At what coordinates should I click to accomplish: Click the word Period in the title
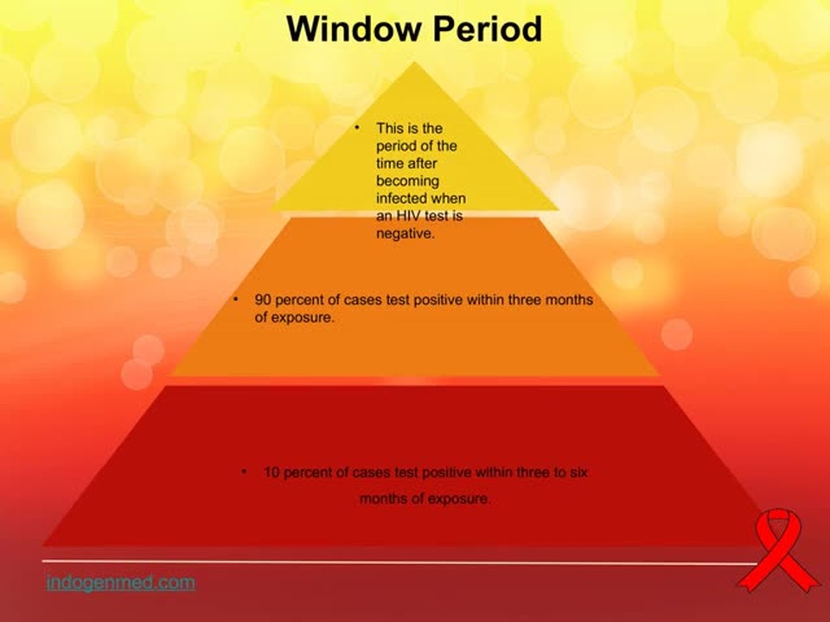[x=488, y=29]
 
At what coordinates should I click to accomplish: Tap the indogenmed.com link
[x=121, y=582]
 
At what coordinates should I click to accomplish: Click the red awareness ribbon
[x=777, y=550]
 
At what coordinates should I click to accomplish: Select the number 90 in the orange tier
[x=263, y=300]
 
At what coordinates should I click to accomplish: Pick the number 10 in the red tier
[x=271, y=472]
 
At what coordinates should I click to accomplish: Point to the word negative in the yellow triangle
[x=405, y=234]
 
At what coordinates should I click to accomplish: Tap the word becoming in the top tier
[x=407, y=181]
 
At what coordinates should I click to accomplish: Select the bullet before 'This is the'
[x=357, y=128]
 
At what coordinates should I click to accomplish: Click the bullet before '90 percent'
[x=236, y=300]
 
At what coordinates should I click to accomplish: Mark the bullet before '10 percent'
[x=244, y=471]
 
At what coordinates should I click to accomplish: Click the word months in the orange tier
[x=569, y=300]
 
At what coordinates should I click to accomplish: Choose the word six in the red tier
[x=578, y=472]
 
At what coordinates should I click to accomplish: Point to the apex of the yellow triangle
[x=414, y=62]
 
